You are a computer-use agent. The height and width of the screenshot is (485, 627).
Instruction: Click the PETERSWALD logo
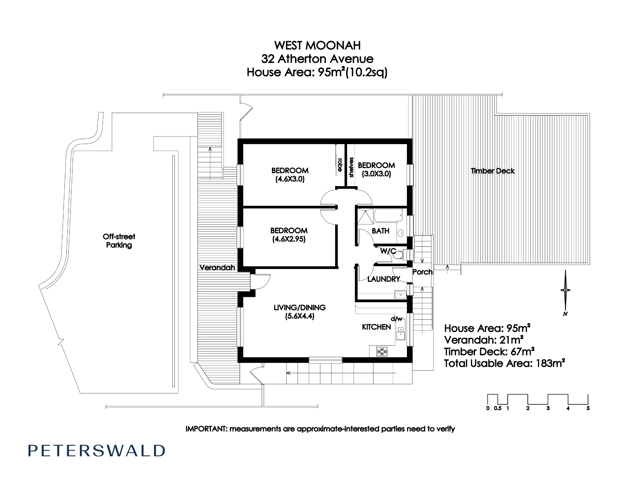pyautogui.click(x=97, y=451)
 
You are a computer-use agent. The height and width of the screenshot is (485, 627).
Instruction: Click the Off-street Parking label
pyautogui.click(x=119, y=241)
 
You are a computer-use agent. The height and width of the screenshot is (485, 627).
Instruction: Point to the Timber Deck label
pyautogui.click(x=493, y=171)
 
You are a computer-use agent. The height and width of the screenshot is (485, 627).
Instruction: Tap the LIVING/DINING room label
pyautogui.click(x=300, y=308)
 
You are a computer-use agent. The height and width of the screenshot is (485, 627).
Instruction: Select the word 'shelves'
pyautogui.click(x=351, y=167)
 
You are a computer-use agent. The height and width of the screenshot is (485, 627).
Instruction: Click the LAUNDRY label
pyautogui.click(x=384, y=279)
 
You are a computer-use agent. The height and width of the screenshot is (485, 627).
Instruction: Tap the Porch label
pyautogui.click(x=422, y=272)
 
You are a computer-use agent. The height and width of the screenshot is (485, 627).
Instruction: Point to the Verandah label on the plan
pyautogui.click(x=217, y=268)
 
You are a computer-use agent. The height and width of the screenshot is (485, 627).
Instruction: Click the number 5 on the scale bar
pyautogui.click(x=588, y=408)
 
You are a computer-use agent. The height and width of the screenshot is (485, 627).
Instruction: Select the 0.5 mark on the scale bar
pyautogui.click(x=498, y=408)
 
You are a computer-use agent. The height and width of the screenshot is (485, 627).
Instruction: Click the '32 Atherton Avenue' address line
pyautogui.click(x=317, y=59)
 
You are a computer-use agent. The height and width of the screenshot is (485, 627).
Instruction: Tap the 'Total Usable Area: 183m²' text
pyautogui.click(x=504, y=364)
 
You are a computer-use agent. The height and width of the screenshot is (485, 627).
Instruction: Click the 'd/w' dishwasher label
pyautogui.click(x=397, y=319)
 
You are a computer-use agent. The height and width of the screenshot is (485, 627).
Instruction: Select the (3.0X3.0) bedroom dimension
pyautogui.click(x=376, y=174)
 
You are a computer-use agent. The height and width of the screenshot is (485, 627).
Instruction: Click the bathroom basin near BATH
pyautogui.click(x=401, y=233)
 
